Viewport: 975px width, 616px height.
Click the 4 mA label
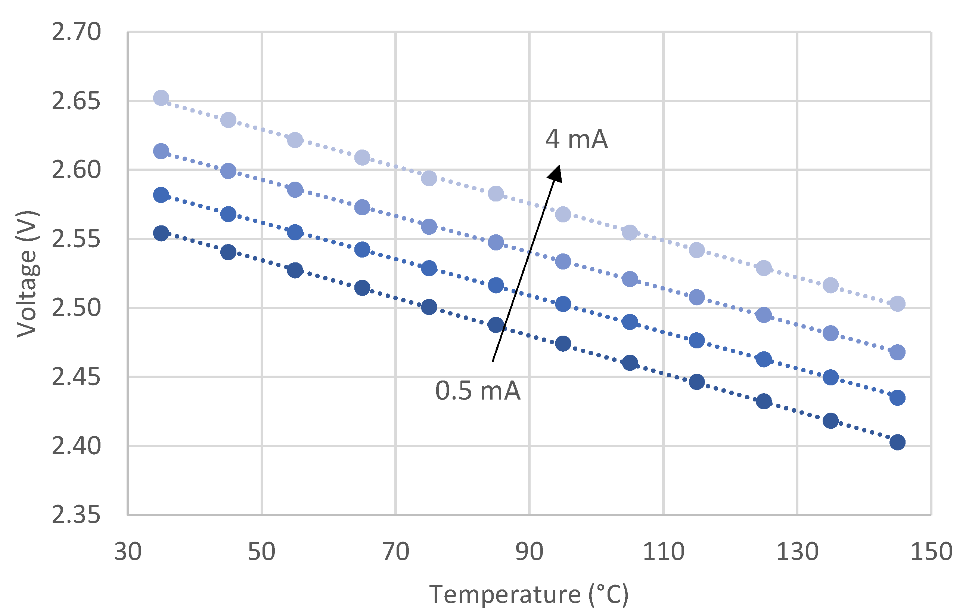pos(577,139)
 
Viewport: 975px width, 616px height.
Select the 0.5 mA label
pos(478,391)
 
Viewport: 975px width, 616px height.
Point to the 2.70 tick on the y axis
pos(76,32)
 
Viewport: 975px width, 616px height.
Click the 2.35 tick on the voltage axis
pos(76,515)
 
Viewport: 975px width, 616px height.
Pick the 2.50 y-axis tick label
pos(76,308)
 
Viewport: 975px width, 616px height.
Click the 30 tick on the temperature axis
pos(128,552)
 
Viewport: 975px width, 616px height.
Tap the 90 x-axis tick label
pos(529,552)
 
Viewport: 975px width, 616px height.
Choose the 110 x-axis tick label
pos(663,552)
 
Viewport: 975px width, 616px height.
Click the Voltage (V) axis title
pos(28,274)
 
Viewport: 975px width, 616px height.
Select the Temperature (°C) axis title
pos(529,595)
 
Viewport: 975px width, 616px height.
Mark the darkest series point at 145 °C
pos(897,442)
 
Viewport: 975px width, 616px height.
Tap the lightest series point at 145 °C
pos(897,304)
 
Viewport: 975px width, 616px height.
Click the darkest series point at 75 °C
pos(429,307)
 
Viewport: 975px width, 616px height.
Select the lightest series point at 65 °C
pos(362,157)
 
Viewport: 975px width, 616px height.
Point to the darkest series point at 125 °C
pos(764,401)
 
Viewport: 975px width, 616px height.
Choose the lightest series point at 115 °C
pos(696,250)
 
